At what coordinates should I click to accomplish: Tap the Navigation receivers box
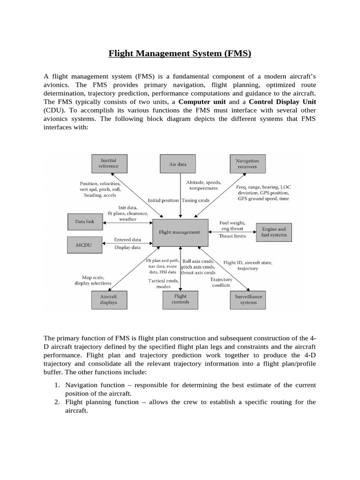tap(247, 164)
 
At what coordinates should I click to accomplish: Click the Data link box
tap(85, 221)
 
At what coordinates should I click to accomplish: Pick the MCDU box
tap(85, 244)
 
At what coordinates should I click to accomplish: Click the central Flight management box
tap(180, 232)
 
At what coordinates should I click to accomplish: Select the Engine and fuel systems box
tap(273, 232)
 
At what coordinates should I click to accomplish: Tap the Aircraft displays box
tap(108, 299)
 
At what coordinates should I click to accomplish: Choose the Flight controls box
tap(180, 299)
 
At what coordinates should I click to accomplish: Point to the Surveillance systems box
tap(248, 299)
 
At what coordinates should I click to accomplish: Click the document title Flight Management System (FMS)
tap(180, 53)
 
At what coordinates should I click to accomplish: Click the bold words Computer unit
tap(202, 102)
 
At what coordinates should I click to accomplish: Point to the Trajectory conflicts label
tap(221, 282)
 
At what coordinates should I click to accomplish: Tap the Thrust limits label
tap(232, 236)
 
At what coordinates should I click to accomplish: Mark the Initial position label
tap(163, 200)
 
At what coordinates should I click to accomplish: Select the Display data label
tap(127, 247)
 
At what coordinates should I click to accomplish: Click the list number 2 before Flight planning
tap(55, 402)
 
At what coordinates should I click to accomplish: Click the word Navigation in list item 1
tap(83, 385)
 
